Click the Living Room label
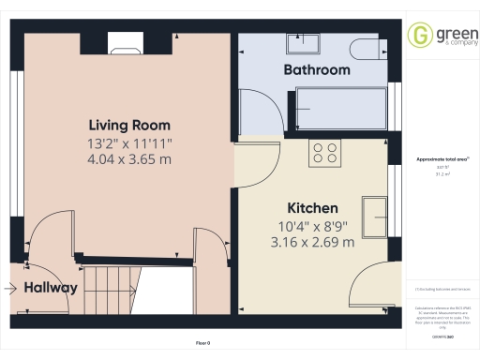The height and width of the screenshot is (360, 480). pos(129,125)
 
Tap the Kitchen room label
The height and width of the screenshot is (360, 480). pos(312,207)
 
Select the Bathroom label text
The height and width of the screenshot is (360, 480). pos(317,70)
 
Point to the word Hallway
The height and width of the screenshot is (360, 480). pos(51,288)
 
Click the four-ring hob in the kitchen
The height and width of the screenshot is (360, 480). pos(326,154)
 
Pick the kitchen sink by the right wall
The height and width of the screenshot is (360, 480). pos(376,212)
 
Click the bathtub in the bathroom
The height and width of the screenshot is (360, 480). pos(339,108)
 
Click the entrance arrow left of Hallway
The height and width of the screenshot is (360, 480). pos(10,289)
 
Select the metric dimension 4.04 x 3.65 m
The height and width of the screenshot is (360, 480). pos(129,159)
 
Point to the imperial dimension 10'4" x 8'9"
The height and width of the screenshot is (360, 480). pos(312,225)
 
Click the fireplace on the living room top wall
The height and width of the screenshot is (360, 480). pos(124,42)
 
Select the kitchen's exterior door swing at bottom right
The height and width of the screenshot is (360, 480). pos(367,291)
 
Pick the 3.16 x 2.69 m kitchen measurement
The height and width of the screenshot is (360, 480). pos(312,242)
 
